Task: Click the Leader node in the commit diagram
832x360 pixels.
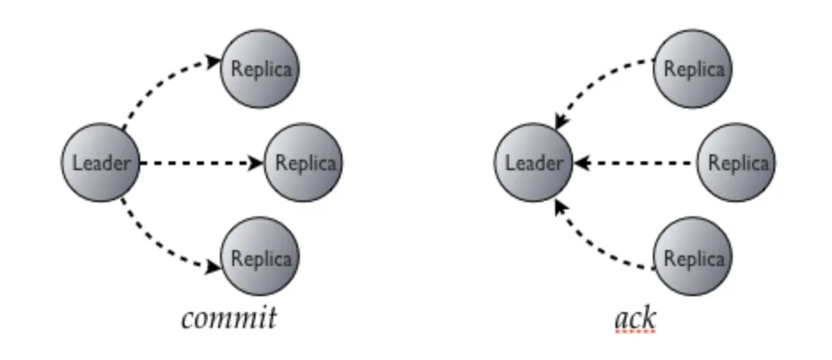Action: point(100,163)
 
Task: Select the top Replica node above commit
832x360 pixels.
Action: point(260,68)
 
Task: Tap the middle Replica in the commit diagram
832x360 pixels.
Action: point(304,163)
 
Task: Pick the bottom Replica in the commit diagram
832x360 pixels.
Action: point(260,258)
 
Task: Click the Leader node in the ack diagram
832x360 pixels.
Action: point(533,163)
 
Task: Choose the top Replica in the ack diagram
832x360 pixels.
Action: point(693,68)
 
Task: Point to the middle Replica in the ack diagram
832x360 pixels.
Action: point(735,163)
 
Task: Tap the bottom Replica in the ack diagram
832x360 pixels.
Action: point(693,258)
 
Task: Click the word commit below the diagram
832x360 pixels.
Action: point(228,317)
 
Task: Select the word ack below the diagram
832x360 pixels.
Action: point(633,317)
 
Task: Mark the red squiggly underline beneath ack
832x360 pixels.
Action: point(633,331)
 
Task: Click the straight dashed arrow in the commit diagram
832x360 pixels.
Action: point(200,163)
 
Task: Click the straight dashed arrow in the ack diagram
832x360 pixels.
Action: point(634,163)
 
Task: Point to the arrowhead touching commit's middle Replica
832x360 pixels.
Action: point(257,163)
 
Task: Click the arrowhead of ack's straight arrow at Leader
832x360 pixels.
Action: point(579,163)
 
